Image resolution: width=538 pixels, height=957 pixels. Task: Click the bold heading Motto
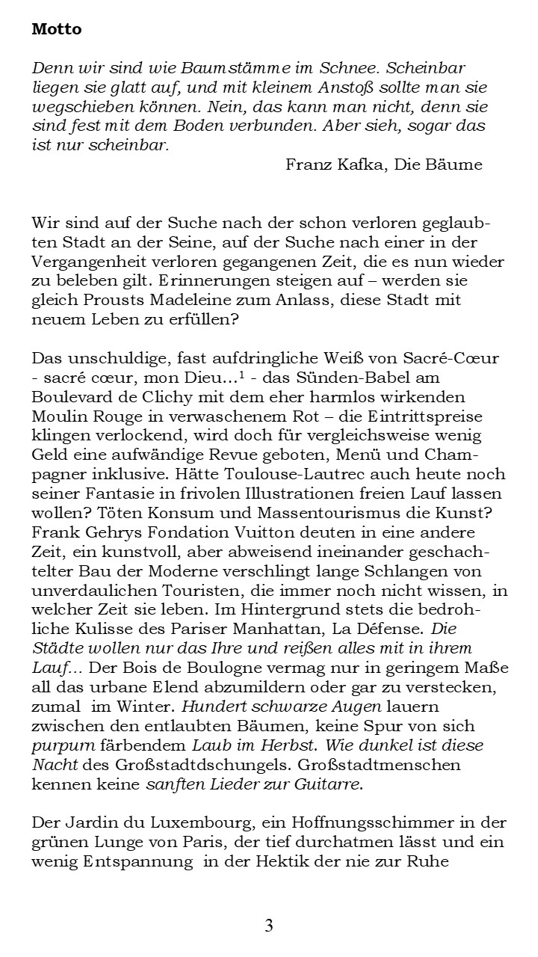[57, 30]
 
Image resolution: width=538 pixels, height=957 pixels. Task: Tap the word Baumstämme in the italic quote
[217, 67]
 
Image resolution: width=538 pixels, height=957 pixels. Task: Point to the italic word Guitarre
[332, 784]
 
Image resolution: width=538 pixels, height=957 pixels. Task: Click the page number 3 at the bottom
[268, 926]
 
